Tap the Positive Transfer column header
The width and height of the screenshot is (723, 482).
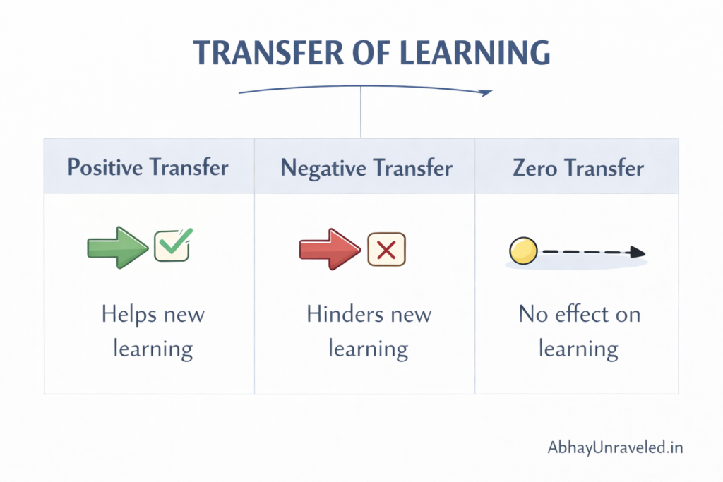click(148, 168)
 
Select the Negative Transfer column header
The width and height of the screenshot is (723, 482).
click(366, 168)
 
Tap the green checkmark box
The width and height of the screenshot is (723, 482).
click(172, 245)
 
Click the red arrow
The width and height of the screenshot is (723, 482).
click(330, 249)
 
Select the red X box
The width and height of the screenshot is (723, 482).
click(386, 249)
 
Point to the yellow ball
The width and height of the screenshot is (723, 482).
click(523, 251)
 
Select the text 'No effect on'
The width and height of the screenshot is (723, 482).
click(580, 314)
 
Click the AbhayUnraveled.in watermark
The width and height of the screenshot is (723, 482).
click(615, 447)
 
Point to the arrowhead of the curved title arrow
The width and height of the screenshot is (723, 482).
click(486, 92)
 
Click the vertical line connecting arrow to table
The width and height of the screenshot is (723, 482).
click(361, 113)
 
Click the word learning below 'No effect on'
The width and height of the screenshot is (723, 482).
click(578, 349)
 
